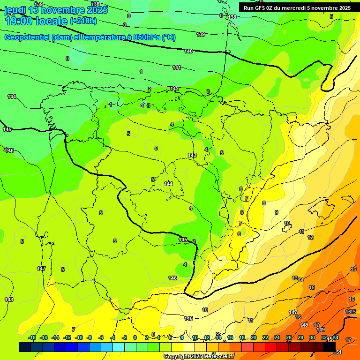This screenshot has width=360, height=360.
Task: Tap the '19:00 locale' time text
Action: pyautogui.click(x=36, y=21)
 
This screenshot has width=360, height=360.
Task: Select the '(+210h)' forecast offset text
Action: pyautogui.click(x=83, y=21)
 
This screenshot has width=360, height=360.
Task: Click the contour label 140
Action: pyautogui.click(x=188, y=51)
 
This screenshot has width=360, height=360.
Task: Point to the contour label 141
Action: pyautogui.click(x=177, y=68)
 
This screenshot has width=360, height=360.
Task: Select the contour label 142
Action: pyautogui.click(x=174, y=89)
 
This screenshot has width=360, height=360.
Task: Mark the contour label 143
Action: pyautogui.click(x=192, y=155)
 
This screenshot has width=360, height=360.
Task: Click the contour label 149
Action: pyautogui.click(x=321, y=330)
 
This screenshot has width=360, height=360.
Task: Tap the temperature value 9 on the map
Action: pyautogui.click(x=277, y=212)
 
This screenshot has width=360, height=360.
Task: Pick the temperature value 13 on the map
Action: pyautogui.click(x=295, y=278)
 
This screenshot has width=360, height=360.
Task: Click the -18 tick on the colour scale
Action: pyautogui.click(x=32, y=337)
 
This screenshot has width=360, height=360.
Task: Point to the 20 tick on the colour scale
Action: pyautogui.click(x=254, y=337)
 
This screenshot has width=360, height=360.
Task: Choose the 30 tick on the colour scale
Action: pyautogui.click(x=312, y=337)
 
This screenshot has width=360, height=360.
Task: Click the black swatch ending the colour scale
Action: pyautogui.click(x=330, y=347)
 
